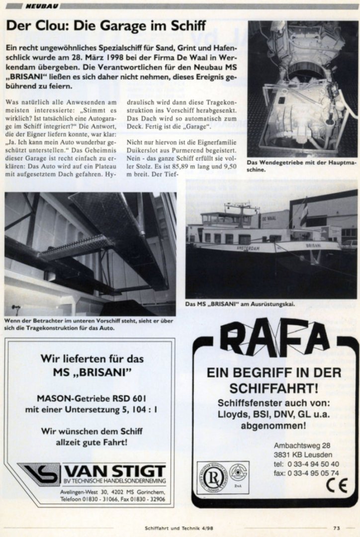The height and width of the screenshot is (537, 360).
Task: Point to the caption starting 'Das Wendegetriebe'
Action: pos(301,166)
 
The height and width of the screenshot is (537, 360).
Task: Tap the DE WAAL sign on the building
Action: pos(269,218)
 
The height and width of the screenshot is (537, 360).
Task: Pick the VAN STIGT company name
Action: pos(116,471)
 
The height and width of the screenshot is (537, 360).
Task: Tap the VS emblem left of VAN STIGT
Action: pos(39,474)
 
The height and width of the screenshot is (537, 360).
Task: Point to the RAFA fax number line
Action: pos(306,473)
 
